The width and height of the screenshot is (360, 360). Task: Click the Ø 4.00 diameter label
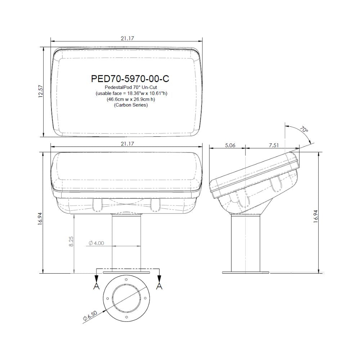(x=95, y=243)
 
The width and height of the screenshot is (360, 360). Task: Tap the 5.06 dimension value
(x=230, y=145)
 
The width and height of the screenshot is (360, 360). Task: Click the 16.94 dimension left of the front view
(x=41, y=217)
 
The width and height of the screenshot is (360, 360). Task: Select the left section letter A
(x=96, y=286)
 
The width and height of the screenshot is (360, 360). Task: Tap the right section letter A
(x=159, y=286)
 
